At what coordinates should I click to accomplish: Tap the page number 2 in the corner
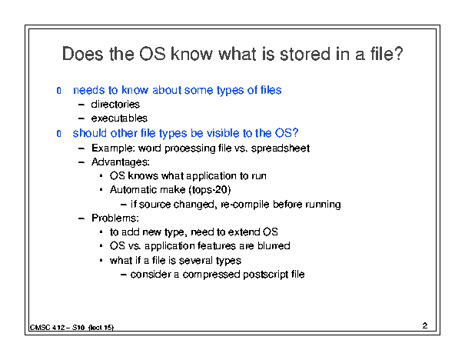click(425, 325)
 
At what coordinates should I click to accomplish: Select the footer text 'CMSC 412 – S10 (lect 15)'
click(71, 328)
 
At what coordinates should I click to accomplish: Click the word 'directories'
click(115, 104)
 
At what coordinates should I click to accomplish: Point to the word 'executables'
click(119, 118)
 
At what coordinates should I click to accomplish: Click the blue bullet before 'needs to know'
click(58, 90)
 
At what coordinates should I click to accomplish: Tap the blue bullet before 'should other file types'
click(58, 134)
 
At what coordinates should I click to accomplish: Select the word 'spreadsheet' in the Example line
click(281, 148)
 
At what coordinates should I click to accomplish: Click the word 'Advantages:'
click(121, 162)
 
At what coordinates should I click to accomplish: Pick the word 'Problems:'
click(115, 218)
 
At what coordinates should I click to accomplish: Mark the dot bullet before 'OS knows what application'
click(101, 176)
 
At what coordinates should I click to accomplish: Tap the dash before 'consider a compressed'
click(124, 275)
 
